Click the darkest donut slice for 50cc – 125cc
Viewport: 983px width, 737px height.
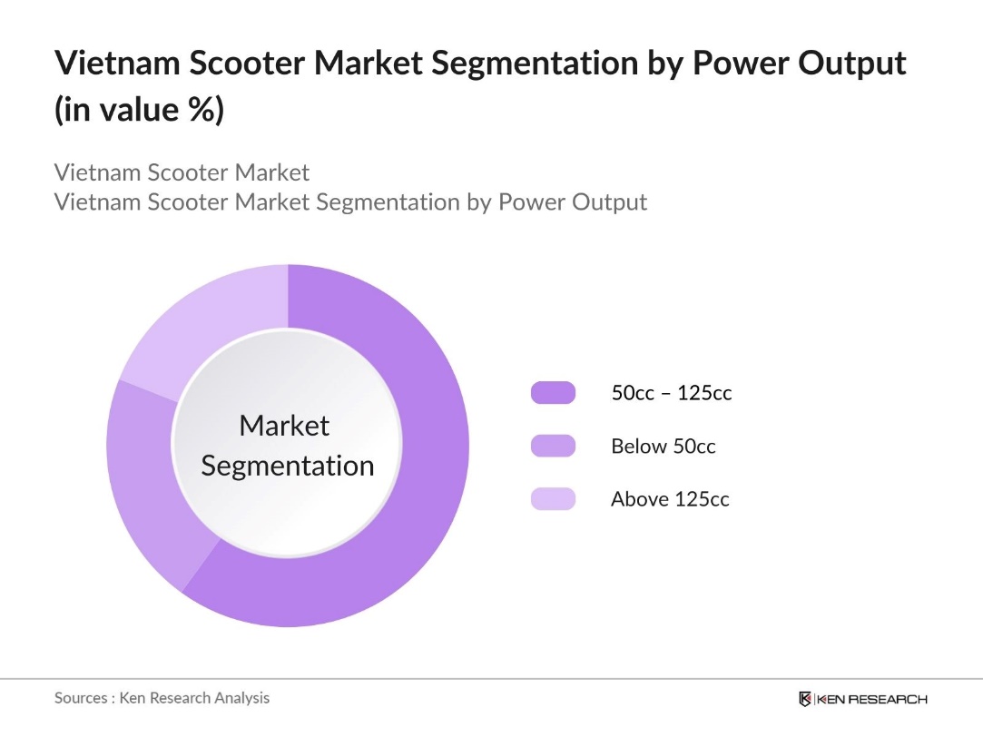click(x=427, y=472)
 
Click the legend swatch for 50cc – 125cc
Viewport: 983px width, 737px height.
click(x=553, y=393)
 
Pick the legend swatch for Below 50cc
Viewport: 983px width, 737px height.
click(x=553, y=446)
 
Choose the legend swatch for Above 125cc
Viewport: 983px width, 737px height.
click(x=553, y=498)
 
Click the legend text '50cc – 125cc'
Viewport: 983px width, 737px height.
click(x=671, y=393)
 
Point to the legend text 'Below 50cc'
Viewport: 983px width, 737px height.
click(x=663, y=446)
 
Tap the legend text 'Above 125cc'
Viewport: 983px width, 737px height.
click(x=670, y=498)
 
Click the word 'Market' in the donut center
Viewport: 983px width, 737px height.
click(x=284, y=425)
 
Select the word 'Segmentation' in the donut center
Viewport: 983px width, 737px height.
click(x=288, y=466)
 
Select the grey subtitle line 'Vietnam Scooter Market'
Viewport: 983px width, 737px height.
click(x=182, y=172)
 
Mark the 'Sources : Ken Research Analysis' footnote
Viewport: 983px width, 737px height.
click(x=162, y=698)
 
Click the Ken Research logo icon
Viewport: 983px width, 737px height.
click(x=804, y=699)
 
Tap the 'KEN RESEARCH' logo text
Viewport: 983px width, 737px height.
click(x=871, y=699)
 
